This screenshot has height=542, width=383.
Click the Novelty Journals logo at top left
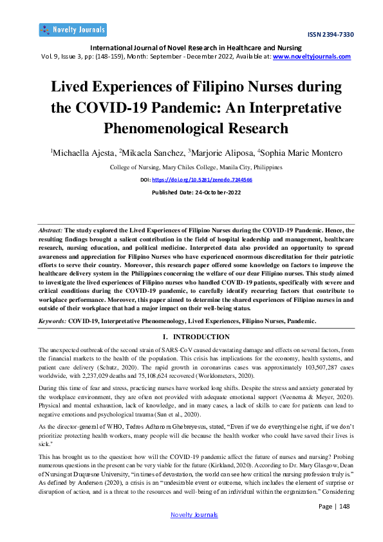[x=73, y=30]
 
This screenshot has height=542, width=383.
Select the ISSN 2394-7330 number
[x=331, y=35]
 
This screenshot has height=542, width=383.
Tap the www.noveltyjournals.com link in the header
[x=312, y=57]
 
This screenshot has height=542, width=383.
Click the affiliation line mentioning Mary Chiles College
[x=191, y=167]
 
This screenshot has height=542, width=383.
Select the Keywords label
[x=52, y=320]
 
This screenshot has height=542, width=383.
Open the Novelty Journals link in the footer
[x=193, y=532]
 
